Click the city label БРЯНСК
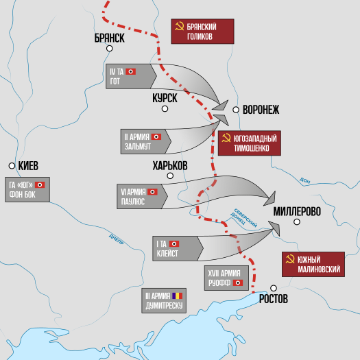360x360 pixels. click(109, 38)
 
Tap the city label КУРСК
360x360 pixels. click(165, 99)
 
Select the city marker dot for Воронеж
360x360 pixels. click(236, 109)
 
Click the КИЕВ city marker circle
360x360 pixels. click(12, 166)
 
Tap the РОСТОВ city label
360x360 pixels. click(274, 300)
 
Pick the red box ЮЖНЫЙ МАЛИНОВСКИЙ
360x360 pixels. click(313, 265)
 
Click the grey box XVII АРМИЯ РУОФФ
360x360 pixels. click(226, 278)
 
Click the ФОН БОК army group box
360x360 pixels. click(28, 190)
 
